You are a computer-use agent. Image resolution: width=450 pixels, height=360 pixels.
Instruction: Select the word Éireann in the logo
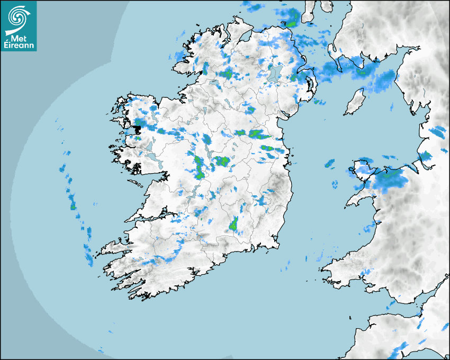(x=20, y=46)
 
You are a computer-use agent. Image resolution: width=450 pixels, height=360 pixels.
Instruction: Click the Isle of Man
(x=355, y=102)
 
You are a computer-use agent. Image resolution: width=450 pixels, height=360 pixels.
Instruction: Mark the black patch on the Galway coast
(x=138, y=129)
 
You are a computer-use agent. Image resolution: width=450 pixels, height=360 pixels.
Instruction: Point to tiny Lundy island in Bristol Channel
(x=350, y=317)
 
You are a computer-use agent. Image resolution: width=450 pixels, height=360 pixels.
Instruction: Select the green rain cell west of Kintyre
(x=290, y=23)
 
